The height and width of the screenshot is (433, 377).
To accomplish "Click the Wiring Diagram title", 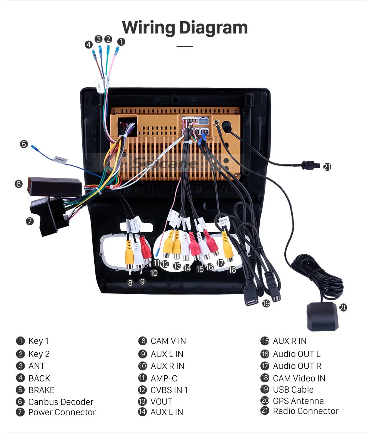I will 185,28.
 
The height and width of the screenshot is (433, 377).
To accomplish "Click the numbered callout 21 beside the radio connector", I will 327,167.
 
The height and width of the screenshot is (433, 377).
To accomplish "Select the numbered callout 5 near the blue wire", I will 24,144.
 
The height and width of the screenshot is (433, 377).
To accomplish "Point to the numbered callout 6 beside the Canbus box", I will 18,184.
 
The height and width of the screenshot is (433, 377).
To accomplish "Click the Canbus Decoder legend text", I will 61,402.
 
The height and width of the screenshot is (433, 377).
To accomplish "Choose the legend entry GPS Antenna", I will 298,401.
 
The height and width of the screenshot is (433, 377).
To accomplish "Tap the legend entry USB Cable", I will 293,390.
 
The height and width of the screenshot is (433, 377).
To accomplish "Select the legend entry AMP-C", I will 164,378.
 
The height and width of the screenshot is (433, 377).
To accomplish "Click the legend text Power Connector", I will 62,412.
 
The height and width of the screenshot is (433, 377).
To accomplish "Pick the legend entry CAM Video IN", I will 299,378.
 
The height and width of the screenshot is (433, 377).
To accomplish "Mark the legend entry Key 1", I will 38,341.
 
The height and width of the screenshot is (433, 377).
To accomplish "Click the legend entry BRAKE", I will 41,390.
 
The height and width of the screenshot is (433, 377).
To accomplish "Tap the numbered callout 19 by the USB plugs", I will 266,304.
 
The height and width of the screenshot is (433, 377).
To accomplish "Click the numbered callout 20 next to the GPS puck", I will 343,307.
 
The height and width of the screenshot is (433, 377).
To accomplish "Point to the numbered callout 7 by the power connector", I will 30,221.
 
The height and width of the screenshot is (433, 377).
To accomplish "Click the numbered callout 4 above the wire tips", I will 88,45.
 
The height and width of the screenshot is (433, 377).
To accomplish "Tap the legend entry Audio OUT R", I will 297,366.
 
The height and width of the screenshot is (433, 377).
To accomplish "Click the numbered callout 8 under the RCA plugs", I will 130,283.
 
